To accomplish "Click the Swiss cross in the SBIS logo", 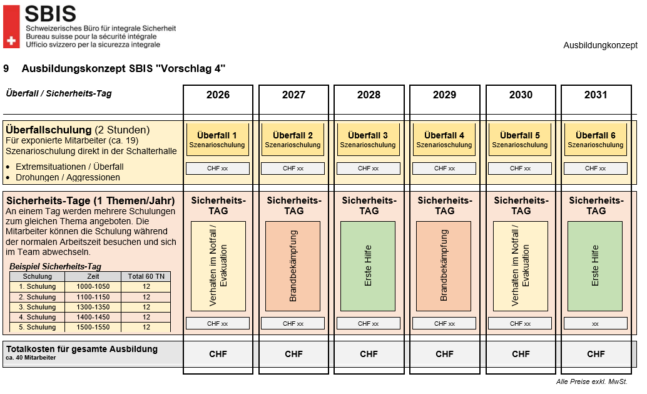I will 10,41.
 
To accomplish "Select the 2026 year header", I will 218,95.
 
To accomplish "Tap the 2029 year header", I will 444,95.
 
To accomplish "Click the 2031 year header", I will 596,95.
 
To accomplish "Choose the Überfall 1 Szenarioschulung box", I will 218,140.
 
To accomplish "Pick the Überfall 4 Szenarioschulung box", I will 444,140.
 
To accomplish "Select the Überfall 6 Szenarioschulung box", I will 596,140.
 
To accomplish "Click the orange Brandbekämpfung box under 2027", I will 293,266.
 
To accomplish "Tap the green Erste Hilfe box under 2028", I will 368,266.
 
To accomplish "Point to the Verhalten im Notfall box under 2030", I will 520,266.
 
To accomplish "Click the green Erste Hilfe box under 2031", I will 595,266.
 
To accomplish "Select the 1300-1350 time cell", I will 93,307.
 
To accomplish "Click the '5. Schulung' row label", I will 37,327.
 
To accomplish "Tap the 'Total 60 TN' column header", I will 146,276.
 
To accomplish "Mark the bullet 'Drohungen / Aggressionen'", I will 68,177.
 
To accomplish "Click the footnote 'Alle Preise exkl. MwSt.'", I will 591,381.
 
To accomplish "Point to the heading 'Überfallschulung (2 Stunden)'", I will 78,130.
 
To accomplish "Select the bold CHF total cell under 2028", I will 369,354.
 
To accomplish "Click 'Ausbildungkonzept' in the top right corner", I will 600,45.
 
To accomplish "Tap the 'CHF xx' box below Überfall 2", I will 293,168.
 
